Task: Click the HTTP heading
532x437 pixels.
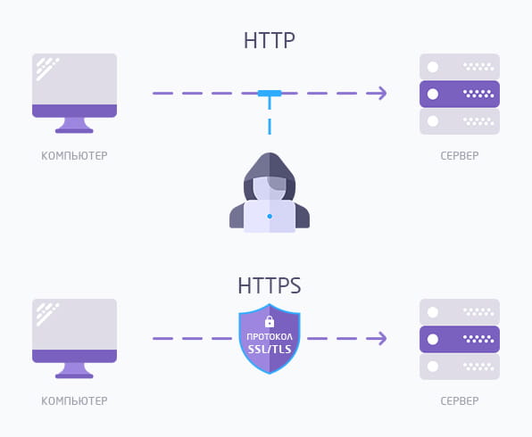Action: (269, 40)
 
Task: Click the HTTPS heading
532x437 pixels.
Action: (269, 285)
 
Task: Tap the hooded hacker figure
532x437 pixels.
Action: (270, 193)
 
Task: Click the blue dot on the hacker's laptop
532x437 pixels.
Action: (270, 217)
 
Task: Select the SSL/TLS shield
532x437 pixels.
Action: (270, 338)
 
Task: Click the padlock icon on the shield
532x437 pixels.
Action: (270, 321)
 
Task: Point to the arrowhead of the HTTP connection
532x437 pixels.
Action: (382, 94)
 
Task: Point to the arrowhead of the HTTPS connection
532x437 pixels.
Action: (382, 338)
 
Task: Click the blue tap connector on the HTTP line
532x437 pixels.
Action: (270, 94)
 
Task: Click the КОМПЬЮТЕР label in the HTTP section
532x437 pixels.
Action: (74, 156)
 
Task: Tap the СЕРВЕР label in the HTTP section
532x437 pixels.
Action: (460, 156)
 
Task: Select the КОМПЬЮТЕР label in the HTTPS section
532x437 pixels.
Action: (74, 401)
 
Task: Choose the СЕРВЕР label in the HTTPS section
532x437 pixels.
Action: (460, 401)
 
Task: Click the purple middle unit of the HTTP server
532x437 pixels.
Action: (460, 94)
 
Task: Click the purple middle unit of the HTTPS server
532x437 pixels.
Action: (460, 339)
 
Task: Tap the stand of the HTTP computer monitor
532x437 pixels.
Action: (74, 125)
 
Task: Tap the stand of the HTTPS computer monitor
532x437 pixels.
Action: (74, 370)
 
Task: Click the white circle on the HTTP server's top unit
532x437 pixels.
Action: (433, 67)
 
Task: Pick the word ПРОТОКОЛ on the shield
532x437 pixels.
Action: (270, 337)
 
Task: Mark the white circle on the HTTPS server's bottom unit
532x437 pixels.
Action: (433, 367)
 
